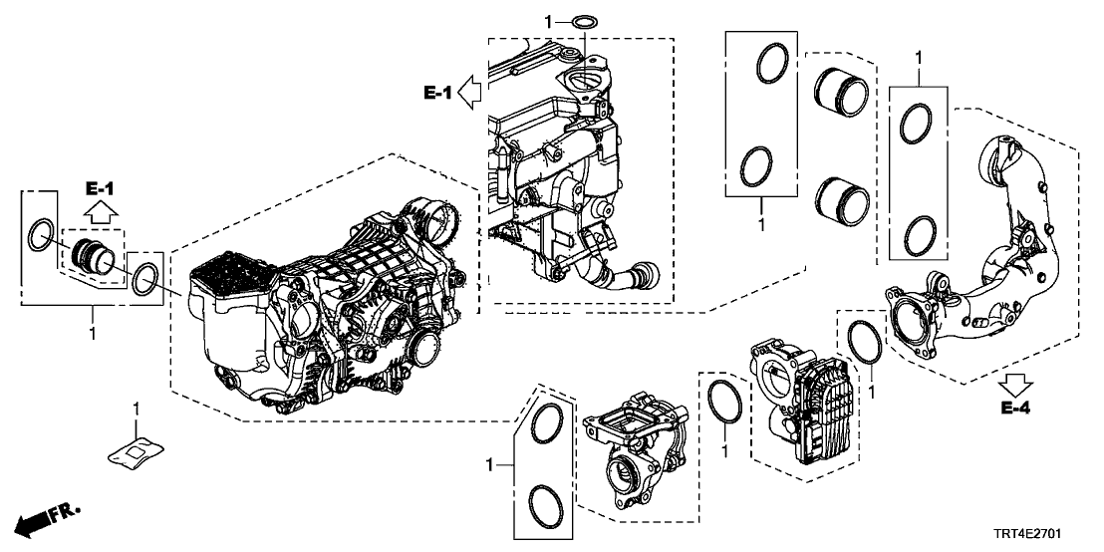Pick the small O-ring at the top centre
click(x=588, y=21)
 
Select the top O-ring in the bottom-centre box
click(x=544, y=424)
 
